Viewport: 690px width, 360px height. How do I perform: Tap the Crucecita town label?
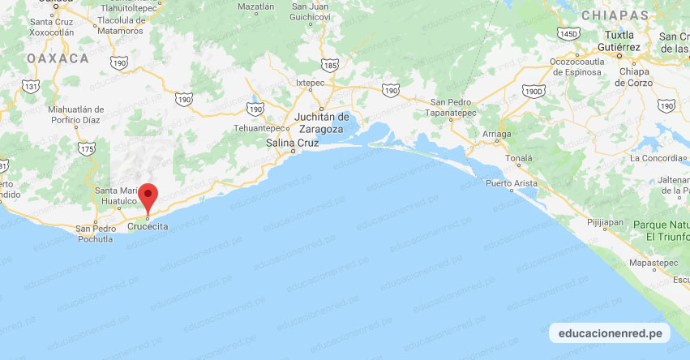148,227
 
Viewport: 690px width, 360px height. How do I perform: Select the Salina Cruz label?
293,144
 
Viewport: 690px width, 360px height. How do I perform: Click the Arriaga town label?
496,133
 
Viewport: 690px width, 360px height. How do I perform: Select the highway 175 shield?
88,148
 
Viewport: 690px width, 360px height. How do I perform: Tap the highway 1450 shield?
568,33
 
